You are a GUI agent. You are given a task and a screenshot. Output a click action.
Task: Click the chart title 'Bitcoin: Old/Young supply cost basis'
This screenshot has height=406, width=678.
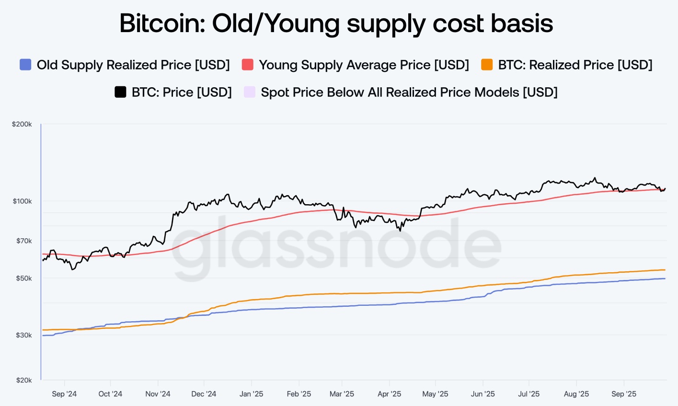336,23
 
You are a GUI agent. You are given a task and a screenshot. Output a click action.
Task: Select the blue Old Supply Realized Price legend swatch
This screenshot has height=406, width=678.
25,65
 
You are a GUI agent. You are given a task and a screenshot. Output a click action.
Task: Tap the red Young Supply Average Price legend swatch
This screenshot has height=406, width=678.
247,65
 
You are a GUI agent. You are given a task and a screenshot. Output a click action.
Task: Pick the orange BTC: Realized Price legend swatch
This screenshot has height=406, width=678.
487,65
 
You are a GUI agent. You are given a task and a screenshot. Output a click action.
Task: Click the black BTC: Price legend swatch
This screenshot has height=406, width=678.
120,92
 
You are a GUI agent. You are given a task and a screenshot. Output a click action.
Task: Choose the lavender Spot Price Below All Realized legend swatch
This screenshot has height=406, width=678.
249,92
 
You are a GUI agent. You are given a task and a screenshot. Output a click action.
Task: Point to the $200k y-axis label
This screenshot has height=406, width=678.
22,124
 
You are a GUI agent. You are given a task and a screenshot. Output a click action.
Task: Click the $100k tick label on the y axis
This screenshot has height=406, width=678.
22,201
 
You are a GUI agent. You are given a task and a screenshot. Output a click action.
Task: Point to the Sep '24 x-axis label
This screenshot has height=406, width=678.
64,394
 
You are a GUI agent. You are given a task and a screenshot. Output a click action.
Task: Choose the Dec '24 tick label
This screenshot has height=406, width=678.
204,394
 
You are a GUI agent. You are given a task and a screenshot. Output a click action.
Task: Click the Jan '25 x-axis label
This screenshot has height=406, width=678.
251,394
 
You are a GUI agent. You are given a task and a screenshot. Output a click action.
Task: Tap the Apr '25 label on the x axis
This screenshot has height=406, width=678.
389,394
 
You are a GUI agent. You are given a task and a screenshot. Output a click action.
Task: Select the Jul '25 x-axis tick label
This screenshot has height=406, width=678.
529,394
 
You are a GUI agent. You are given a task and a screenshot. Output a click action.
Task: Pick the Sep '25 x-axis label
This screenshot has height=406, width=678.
624,394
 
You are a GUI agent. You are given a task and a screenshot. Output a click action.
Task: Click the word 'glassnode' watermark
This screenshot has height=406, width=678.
336,244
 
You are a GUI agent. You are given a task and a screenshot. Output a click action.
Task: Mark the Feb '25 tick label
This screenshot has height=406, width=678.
299,394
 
